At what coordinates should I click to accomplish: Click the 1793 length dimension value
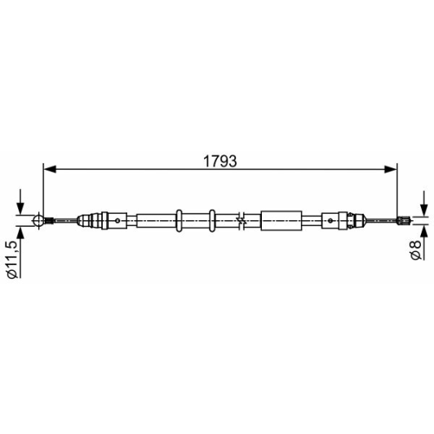[220, 162]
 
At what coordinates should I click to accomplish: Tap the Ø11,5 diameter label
[13, 259]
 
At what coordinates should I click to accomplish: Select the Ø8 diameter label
[416, 250]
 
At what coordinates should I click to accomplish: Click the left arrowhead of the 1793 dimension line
[50, 169]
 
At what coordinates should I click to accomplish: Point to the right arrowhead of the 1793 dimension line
[391, 169]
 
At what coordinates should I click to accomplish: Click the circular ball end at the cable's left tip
[38, 220]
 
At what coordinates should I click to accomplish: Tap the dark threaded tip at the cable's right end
[403, 220]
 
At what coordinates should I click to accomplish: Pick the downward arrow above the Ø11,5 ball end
[20, 201]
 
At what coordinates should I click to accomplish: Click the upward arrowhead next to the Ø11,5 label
[20, 233]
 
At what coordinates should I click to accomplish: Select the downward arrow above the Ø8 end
[423, 203]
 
